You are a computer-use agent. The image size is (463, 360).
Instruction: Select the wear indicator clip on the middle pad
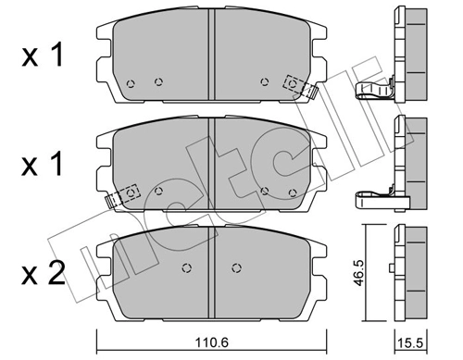124,195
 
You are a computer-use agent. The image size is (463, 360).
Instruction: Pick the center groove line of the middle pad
214,162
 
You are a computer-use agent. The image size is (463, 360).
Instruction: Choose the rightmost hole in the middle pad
294,192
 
